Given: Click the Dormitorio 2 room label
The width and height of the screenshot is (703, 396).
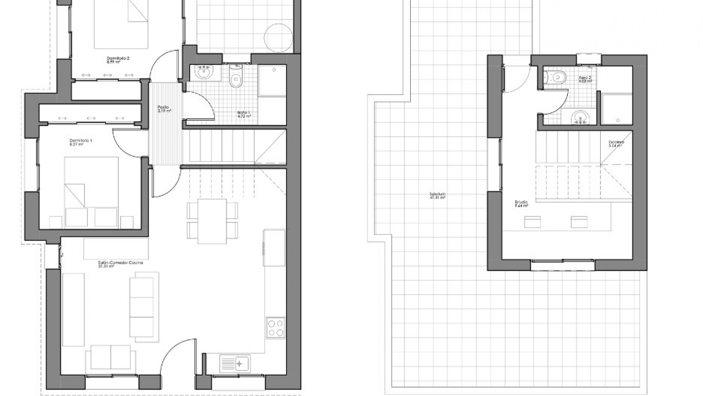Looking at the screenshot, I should coord(118,58).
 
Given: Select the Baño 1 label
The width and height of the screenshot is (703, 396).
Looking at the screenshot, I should coord(243,114).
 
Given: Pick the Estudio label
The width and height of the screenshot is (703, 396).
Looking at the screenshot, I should coord(521,202).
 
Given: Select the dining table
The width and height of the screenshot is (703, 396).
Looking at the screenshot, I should coord(212,221).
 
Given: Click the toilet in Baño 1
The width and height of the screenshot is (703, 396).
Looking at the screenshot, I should coord(236,77).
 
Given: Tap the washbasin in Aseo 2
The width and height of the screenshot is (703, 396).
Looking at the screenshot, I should coord(580,118).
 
